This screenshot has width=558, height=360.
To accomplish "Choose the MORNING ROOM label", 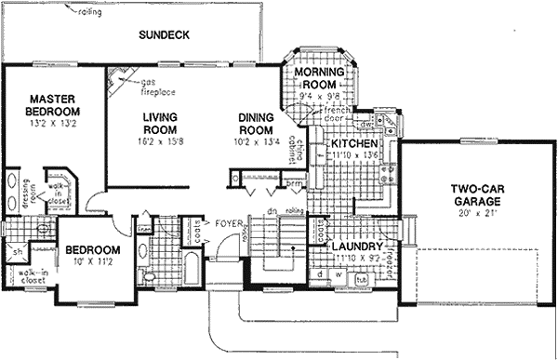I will pos(320,77).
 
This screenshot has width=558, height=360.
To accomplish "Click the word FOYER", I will pos(228,224).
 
